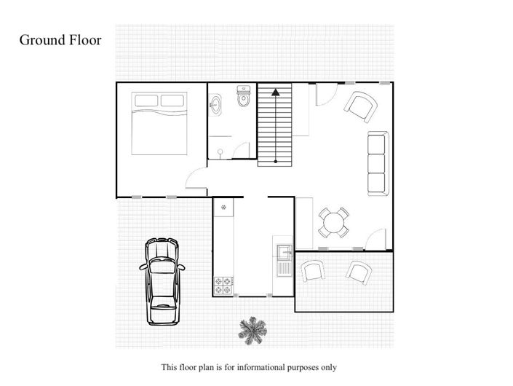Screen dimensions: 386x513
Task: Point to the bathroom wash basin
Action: click(x=216, y=104)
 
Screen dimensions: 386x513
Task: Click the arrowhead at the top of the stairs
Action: click(x=276, y=92)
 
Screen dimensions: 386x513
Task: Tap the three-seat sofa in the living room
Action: click(x=376, y=164)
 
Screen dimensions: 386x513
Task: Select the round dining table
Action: click(x=334, y=223)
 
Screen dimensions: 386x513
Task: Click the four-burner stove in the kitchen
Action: click(x=222, y=285)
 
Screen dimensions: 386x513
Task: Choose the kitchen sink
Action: click(x=282, y=256)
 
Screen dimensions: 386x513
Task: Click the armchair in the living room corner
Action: click(x=360, y=107)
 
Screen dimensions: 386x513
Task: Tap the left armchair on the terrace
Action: click(x=314, y=271)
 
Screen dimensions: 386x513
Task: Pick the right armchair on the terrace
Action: click(x=359, y=272)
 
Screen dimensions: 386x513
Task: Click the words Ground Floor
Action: click(x=60, y=40)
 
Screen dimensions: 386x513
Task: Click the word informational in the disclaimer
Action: click(x=259, y=367)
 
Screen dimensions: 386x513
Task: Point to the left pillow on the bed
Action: click(x=146, y=101)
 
